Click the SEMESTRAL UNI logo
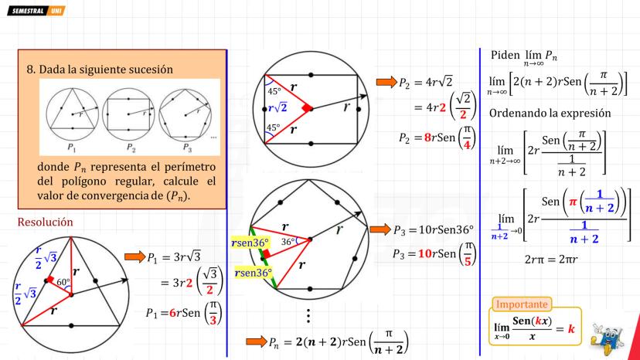coord(36,11)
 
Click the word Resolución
coord(45,222)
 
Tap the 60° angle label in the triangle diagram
coord(63,282)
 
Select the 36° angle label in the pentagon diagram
coord(288,242)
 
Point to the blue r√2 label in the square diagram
coord(277,108)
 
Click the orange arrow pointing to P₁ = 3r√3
coord(135,256)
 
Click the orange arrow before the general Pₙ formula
coord(257,341)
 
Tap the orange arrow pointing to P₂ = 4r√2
coord(386,82)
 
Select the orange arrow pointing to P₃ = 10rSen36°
coord(380,229)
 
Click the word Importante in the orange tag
coord(522,304)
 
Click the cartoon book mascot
coord(607,336)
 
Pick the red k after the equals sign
coord(571,328)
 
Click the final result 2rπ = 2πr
coord(551,259)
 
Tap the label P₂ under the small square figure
coord(131,147)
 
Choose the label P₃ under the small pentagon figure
coord(187,148)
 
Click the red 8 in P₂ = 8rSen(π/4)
coord(427,138)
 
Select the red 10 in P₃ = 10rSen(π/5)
coord(425,253)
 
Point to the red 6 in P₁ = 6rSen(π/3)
coord(172,313)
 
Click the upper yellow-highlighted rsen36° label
coord(250,243)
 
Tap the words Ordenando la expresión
coord(550,113)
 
